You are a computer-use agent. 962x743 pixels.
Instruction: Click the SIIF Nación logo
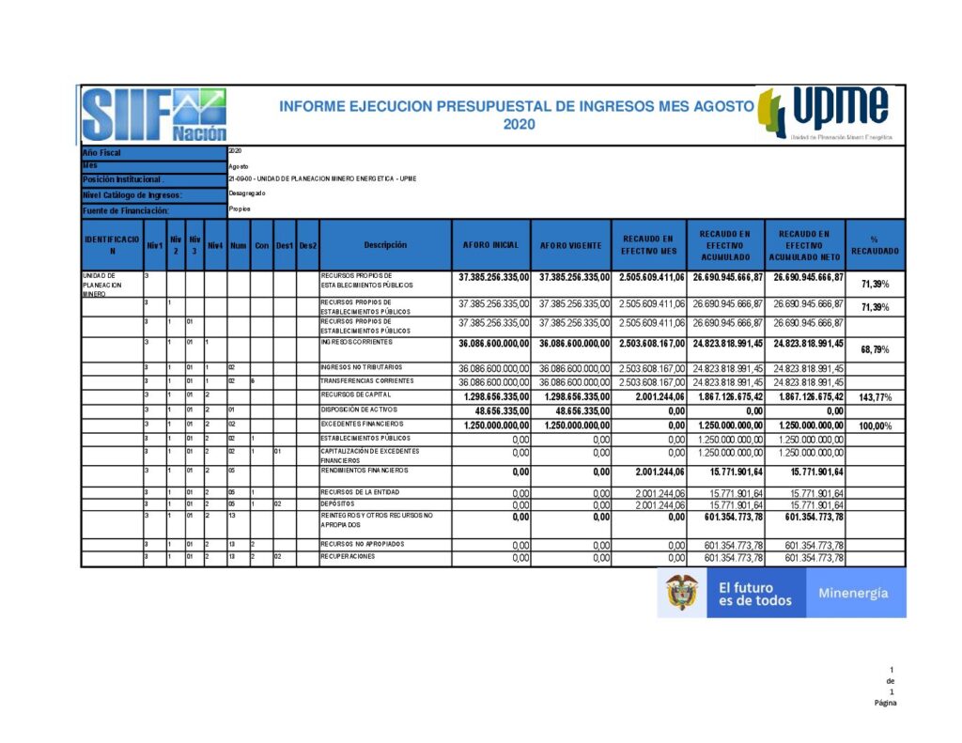pos(154,115)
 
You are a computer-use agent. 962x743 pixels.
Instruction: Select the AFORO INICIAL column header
pos(491,245)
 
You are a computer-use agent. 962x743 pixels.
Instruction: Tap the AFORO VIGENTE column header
pos(571,245)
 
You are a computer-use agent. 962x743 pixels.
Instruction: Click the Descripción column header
pos(385,245)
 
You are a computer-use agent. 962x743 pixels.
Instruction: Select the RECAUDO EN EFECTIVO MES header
pos(649,245)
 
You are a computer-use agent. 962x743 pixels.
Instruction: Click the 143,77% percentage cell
pos(875,398)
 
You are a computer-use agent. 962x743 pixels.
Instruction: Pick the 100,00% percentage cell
pos(875,426)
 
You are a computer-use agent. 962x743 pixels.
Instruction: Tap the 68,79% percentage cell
pos(875,349)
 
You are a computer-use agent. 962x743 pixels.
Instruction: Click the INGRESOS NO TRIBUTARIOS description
pos(361,367)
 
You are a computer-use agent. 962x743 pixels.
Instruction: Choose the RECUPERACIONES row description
pos(349,557)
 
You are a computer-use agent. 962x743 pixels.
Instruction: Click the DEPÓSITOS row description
pos(337,504)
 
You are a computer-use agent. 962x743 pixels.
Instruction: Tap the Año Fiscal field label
pos(102,152)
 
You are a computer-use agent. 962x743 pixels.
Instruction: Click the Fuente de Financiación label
pos(125,210)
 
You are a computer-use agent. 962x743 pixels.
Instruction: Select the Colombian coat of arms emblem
pos(683,593)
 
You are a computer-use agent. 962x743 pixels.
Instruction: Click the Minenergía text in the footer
pos(853,594)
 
